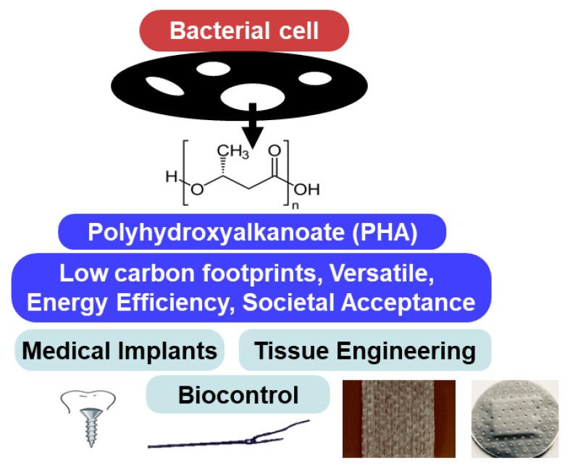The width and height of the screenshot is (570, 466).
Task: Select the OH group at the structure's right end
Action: (x=306, y=190)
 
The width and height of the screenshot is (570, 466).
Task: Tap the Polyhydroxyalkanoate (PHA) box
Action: (x=251, y=233)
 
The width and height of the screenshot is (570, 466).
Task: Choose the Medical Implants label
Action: (x=120, y=351)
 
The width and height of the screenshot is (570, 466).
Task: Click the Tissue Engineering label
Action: (x=365, y=351)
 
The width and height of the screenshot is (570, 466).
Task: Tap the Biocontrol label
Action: (x=238, y=395)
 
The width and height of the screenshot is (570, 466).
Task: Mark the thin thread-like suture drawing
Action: (x=229, y=436)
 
